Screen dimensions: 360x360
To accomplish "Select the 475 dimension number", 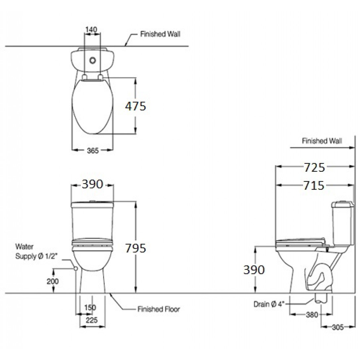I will pos(135,106).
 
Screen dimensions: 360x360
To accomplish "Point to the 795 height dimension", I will pos(135,248).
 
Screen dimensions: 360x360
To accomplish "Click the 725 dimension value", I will pos(314,168).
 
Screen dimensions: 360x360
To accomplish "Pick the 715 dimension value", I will pos(314,186).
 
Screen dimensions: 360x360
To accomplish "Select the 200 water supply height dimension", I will pos(53,281).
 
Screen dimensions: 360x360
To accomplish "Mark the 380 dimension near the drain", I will pos(311,315).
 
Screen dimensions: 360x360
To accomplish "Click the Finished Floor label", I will pos(158,309).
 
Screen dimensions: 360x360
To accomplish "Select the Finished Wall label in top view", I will pos(160,34).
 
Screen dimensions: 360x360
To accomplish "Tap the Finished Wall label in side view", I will pos(322,141).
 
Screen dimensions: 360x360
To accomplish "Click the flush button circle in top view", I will pos(93,61).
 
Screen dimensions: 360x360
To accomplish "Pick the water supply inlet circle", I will pos(76,269).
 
